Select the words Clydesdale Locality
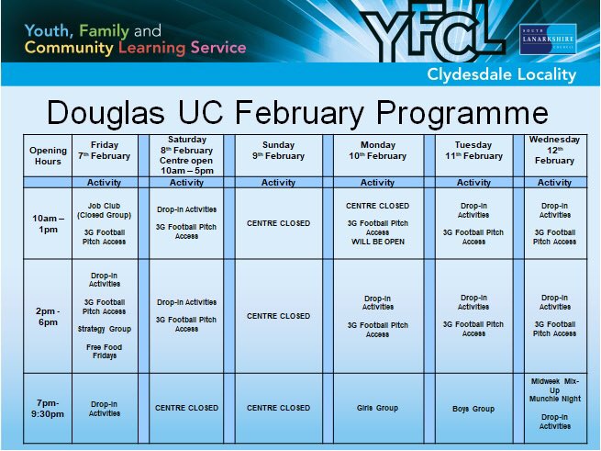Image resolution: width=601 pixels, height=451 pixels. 501,74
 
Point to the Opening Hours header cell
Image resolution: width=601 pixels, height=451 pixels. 48,155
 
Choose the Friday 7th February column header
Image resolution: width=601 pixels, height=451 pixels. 104,151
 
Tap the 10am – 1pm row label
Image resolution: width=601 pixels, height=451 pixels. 48,223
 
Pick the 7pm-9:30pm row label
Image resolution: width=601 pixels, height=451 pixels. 48,408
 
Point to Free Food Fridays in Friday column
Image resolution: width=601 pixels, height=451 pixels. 104,352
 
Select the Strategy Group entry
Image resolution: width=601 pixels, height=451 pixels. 104,329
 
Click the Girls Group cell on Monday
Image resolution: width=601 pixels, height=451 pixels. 377,408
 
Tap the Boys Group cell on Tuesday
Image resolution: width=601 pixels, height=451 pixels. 473,409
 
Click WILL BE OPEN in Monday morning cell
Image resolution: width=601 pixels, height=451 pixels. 377,242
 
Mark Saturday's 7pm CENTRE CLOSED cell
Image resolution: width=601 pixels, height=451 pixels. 186,408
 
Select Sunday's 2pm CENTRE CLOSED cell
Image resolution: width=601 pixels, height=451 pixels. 279,316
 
